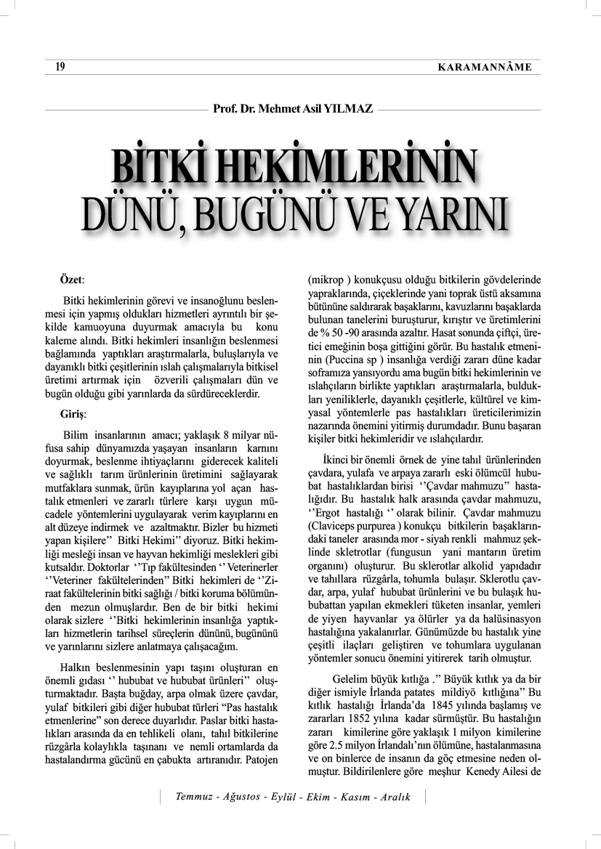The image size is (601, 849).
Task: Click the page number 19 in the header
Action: click(x=60, y=68)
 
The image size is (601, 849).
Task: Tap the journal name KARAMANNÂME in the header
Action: click(x=485, y=68)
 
